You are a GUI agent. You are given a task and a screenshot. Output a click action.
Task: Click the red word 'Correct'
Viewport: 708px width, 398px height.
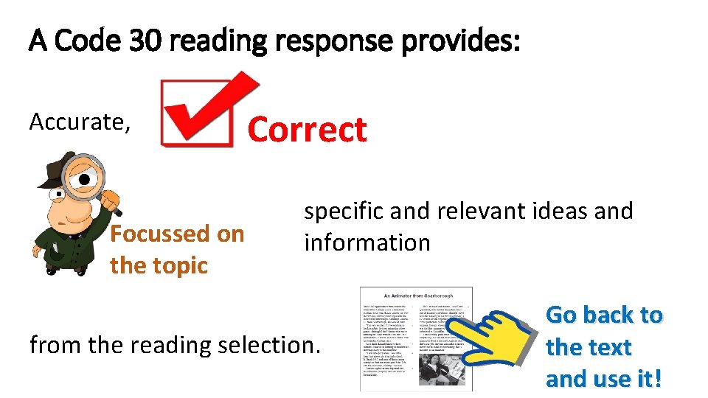coord(307,130)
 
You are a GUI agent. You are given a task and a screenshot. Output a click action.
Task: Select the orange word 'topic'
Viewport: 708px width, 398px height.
coord(181,265)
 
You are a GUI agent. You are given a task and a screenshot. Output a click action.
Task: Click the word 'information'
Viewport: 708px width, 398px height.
coord(367,242)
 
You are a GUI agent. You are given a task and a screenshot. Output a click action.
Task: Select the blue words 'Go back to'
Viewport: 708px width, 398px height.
coord(604,315)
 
